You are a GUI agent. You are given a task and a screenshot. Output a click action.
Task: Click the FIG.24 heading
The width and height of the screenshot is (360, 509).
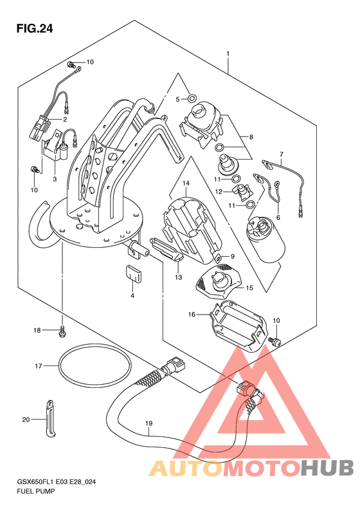click(34, 29)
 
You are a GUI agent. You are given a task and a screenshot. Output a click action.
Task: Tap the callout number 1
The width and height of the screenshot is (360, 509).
click(228, 53)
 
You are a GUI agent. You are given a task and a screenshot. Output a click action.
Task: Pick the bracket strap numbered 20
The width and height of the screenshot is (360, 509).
click(50, 418)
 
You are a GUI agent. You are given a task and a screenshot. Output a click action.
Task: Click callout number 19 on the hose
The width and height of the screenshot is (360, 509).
click(149, 423)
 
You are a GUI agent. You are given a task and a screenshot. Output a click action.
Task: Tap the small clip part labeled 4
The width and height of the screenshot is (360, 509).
click(132, 273)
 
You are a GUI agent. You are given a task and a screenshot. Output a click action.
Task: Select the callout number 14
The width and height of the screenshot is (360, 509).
click(186, 183)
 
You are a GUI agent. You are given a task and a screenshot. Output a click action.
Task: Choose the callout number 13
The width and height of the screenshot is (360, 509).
click(178, 277)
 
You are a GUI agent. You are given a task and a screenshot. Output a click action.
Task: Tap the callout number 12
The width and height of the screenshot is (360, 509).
click(219, 192)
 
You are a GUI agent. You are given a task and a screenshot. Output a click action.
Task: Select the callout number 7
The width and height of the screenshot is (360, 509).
click(281, 154)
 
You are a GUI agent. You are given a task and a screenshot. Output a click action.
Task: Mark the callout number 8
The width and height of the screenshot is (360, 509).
click(251, 137)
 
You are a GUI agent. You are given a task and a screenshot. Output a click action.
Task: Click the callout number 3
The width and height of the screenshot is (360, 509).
click(55, 179)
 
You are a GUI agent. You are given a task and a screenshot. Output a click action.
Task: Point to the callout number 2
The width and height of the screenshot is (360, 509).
click(65, 120)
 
